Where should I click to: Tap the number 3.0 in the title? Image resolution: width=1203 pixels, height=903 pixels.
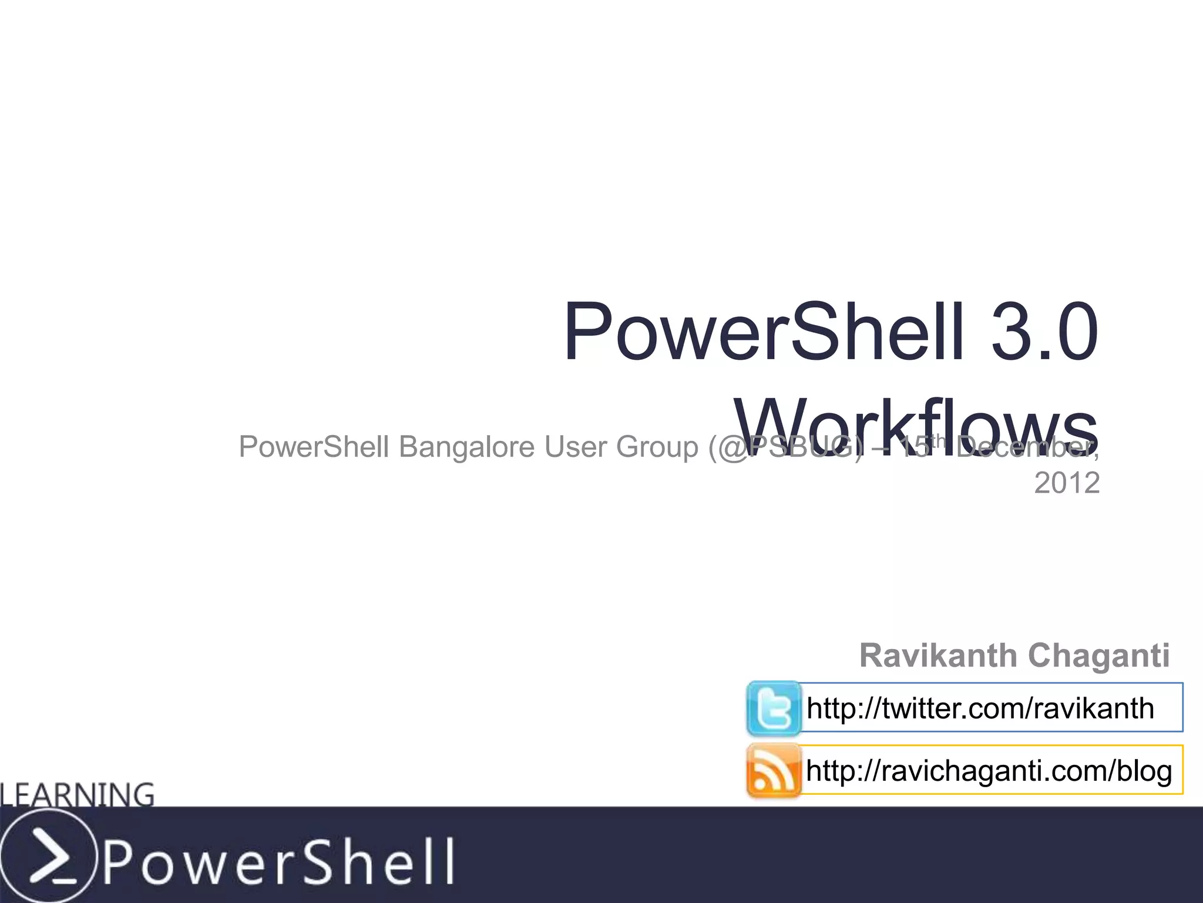tap(1044, 332)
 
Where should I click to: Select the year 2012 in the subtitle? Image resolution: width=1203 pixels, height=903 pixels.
tap(1067, 483)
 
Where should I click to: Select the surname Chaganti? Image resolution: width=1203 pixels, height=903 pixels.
tap(1098, 655)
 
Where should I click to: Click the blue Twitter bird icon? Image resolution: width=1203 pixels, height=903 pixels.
tap(773, 708)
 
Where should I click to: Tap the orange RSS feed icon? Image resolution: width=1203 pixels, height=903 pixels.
tap(773, 770)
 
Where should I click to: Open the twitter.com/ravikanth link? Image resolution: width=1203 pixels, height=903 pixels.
tap(980, 708)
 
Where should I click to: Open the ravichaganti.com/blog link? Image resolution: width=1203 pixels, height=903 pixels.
tap(989, 771)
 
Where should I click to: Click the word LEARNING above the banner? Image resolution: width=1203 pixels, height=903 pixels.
tap(78, 795)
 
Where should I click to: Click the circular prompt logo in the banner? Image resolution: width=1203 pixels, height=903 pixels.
tap(47, 855)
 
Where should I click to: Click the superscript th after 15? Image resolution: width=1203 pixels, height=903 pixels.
tap(940, 440)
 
